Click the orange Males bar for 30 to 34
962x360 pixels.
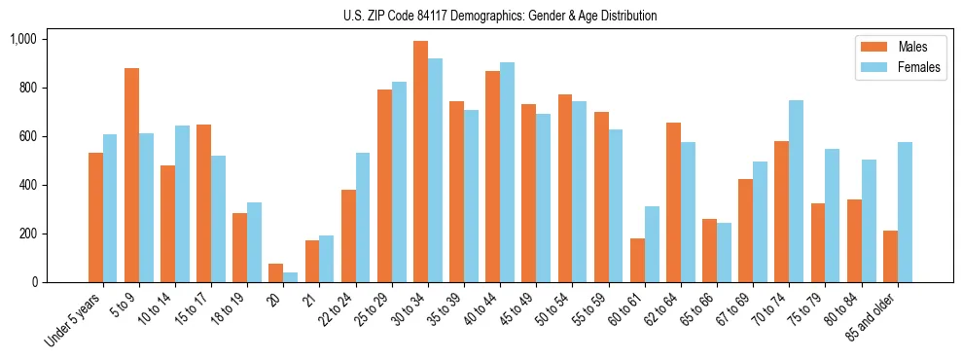click(x=420, y=162)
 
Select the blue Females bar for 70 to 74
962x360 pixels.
click(x=796, y=191)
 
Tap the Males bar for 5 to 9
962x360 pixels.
click(x=131, y=175)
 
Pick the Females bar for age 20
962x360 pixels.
click(x=290, y=277)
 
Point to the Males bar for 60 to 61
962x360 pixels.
click(x=637, y=260)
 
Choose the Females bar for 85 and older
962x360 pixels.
click(x=905, y=212)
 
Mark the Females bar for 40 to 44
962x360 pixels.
click(x=507, y=172)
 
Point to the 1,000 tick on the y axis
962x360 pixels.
click(x=22, y=39)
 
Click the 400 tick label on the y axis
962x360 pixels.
click(x=27, y=185)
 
